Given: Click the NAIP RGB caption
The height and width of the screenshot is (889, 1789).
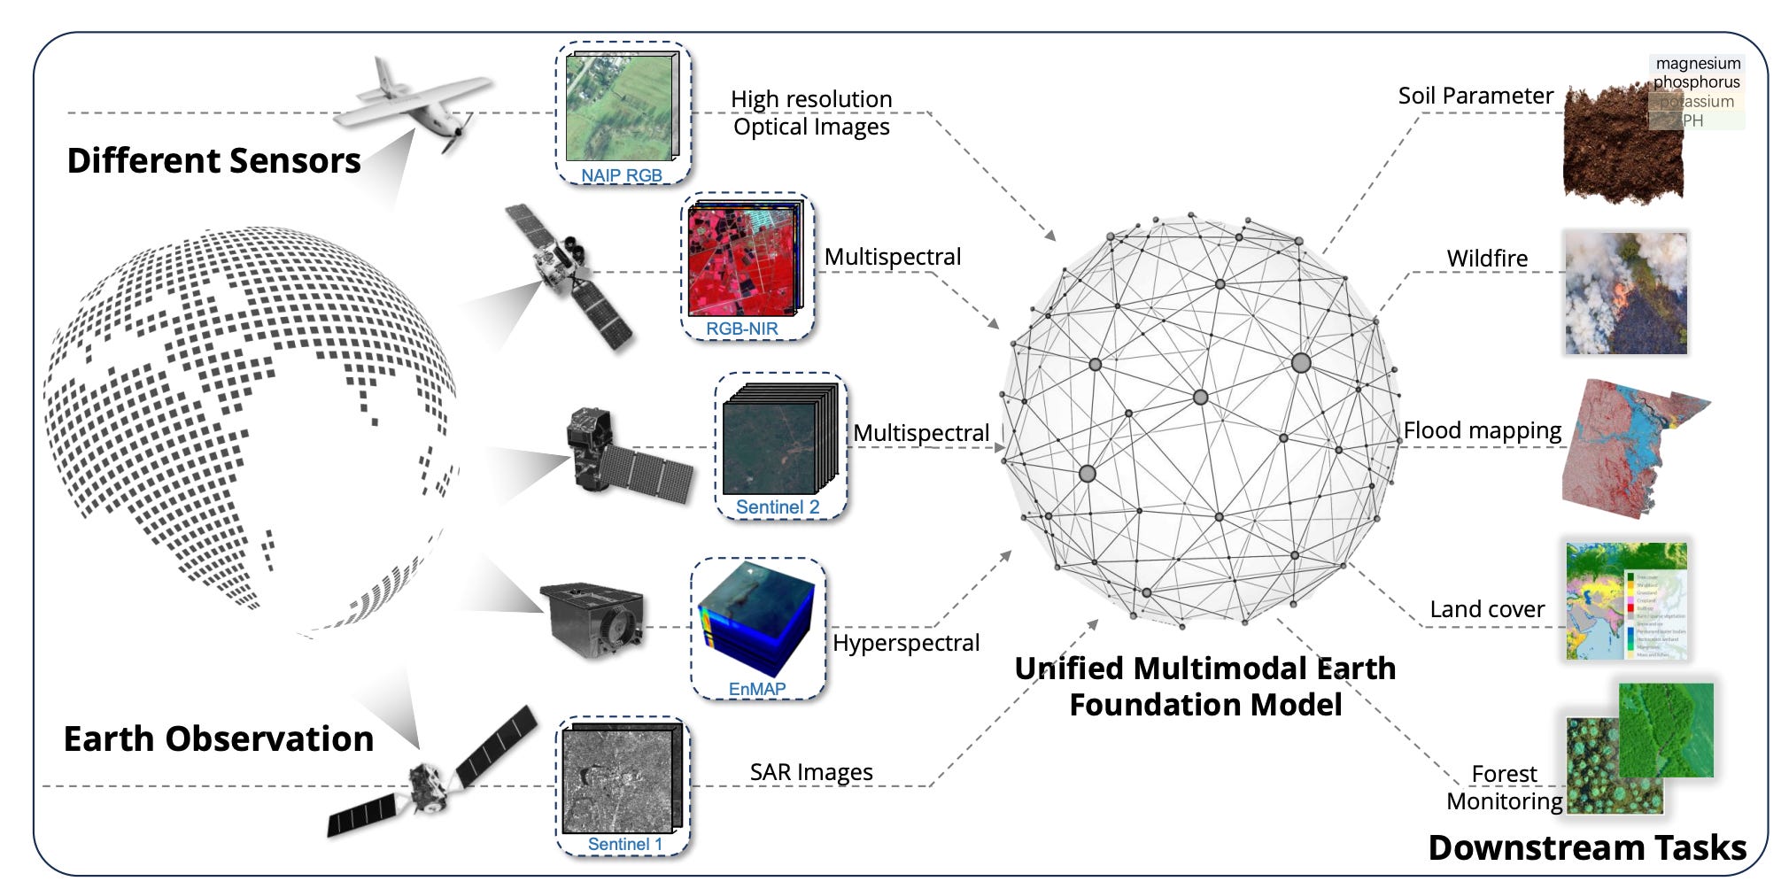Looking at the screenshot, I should (621, 175).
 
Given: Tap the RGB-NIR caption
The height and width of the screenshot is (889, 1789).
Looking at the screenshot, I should (741, 329).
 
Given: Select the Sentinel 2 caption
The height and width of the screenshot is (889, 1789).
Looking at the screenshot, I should (778, 507).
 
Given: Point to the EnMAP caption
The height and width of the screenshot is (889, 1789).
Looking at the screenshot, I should (756, 689).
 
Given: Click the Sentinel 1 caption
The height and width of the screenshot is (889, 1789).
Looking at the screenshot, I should (624, 844).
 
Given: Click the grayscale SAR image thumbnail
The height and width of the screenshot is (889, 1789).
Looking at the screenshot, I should (621, 779).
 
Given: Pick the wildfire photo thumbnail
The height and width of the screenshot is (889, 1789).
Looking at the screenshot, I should (1625, 293).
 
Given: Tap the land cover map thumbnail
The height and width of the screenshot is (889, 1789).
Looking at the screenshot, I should (1626, 601).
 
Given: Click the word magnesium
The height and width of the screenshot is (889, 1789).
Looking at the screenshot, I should (1698, 64).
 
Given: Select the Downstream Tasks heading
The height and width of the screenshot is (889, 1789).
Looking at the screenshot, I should (1587, 847).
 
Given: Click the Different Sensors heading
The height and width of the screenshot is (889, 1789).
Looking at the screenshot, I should (213, 161).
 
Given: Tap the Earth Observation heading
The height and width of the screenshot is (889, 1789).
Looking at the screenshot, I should (218, 739).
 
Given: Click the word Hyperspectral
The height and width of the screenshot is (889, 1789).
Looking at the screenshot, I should (906, 643).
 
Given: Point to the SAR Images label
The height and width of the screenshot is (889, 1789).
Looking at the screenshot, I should (811, 772).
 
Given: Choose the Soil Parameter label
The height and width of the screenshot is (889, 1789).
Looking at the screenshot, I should (1475, 96).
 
